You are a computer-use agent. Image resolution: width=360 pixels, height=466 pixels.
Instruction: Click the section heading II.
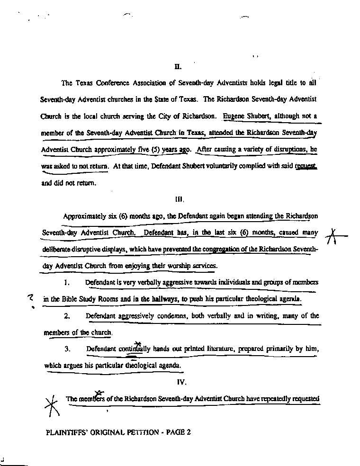178,66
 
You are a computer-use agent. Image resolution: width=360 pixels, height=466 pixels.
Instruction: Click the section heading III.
179,199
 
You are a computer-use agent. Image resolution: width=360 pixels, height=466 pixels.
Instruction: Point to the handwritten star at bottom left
52,405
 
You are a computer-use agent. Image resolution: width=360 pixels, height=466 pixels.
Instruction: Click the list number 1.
67,283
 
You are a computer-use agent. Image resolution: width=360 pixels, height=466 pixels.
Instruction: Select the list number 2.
67,316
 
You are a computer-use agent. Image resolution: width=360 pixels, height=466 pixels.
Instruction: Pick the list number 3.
67,349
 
